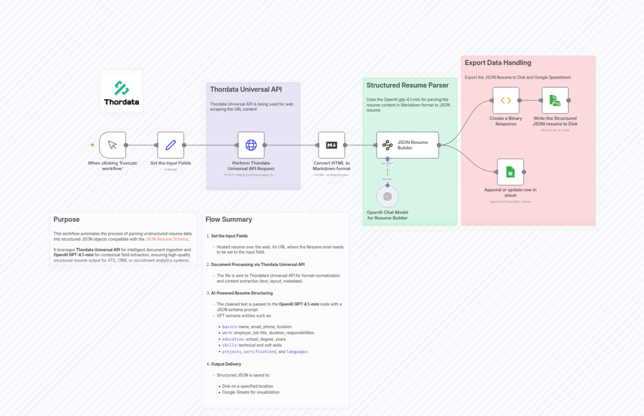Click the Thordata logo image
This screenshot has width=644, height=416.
tap(121, 92)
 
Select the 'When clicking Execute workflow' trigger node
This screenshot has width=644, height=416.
tap(112, 145)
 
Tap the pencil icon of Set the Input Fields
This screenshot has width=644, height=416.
tap(171, 145)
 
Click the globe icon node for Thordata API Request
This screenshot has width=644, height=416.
tap(251, 145)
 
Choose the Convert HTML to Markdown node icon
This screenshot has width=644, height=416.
tap(331, 145)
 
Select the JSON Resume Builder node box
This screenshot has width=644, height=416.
tap(407, 145)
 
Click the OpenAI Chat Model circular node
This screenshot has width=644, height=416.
tap(387, 196)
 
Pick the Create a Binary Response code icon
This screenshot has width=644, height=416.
tap(506, 100)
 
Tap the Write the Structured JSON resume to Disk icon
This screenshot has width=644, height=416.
tap(555, 100)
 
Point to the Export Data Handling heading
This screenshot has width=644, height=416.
tap(498, 63)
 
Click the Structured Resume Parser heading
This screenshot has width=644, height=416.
tap(407, 85)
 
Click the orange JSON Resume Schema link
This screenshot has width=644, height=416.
tap(166, 239)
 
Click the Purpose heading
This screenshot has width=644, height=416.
tap(66, 219)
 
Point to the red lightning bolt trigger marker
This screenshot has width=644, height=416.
tap(92, 145)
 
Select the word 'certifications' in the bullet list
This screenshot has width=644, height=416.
tap(260, 351)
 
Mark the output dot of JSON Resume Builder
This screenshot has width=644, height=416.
tap(439, 145)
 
